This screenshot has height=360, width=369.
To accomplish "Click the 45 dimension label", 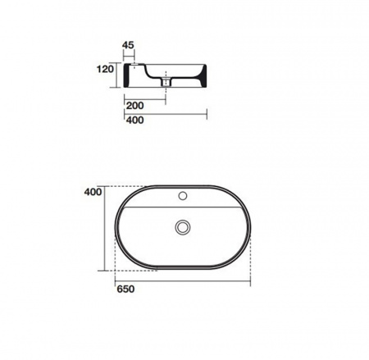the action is click(x=128, y=45).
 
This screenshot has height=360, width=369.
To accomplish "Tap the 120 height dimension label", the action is click(x=105, y=69).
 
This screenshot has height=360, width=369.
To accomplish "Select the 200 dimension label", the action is click(x=134, y=106).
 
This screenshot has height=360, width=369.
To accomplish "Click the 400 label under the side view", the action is click(x=134, y=120).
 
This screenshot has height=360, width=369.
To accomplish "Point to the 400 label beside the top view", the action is click(x=93, y=192).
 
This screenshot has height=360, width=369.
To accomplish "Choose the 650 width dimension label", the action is click(x=125, y=289).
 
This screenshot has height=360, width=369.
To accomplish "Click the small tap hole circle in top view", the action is click(x=183, y=196).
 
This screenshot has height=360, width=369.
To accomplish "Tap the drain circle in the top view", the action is click(x=183, y=227).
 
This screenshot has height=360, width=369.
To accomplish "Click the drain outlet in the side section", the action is click(x=166, y=81).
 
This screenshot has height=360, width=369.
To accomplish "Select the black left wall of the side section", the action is click(x=126, y=75).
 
